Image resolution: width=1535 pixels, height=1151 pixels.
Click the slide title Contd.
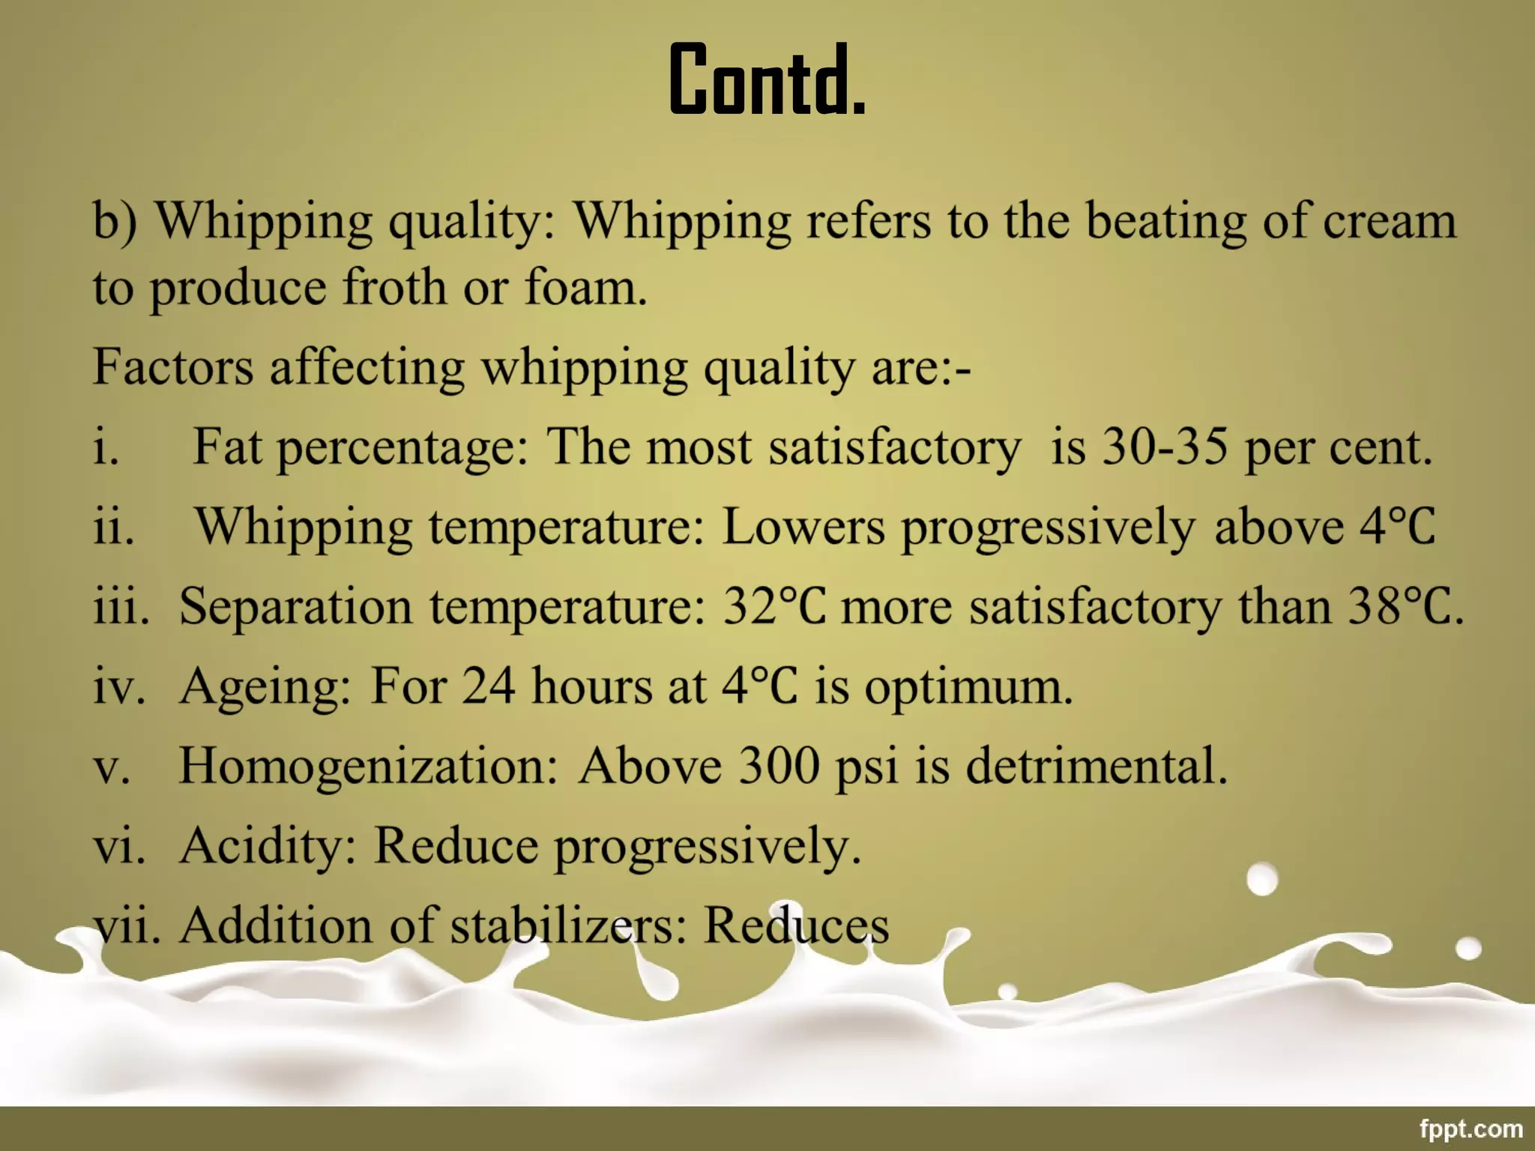(767, 80)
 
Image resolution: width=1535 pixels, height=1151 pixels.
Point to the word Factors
(172, 367)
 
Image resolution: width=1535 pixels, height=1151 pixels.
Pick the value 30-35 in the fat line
(1165, 447)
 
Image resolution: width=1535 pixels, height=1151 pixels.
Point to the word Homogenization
(368, 767)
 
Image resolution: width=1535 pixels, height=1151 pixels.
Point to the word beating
(1166, 223)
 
